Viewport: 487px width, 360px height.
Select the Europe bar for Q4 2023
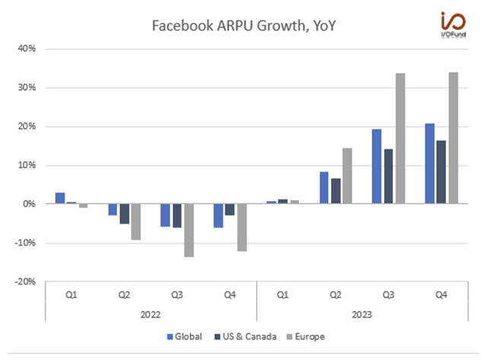453,138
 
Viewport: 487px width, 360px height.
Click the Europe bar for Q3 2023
400,139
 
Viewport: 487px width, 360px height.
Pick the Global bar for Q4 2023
430,164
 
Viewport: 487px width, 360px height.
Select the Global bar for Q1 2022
59,198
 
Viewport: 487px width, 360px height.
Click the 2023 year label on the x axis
361,313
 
